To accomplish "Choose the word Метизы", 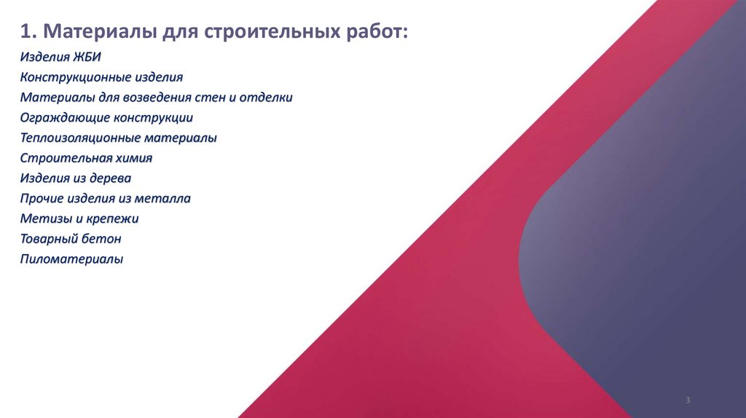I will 42,218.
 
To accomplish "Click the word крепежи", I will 111,218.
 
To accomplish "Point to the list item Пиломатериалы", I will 71,259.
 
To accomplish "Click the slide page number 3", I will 687,401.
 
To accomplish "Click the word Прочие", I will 41,197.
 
